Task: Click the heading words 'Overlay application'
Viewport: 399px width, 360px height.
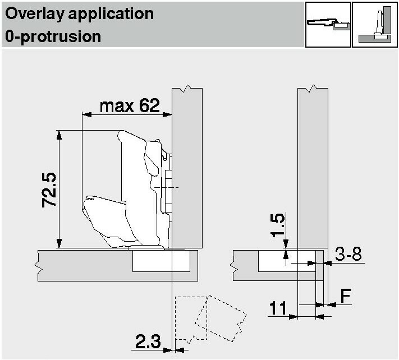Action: coord(79,14)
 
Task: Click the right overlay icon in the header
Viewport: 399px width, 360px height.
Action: coord(374,25)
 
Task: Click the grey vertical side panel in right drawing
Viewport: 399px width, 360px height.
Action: coord(311,163)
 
